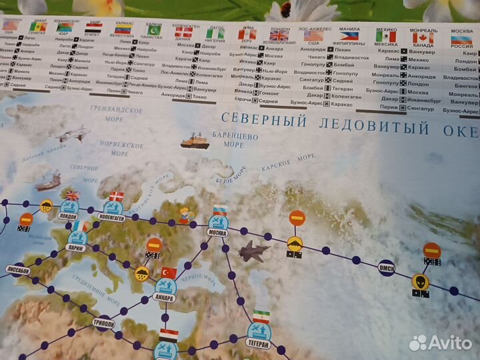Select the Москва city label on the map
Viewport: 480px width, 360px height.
click(x=219, y=234)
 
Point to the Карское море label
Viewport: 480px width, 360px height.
click(x=288, y=161)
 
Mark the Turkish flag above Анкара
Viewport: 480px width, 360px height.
click(x=169, y=272)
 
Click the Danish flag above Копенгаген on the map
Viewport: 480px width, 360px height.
click(x=116, y=195)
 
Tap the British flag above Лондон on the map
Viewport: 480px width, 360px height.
click(x=72, y=195)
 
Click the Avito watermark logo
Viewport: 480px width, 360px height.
click(x=441, y=342)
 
